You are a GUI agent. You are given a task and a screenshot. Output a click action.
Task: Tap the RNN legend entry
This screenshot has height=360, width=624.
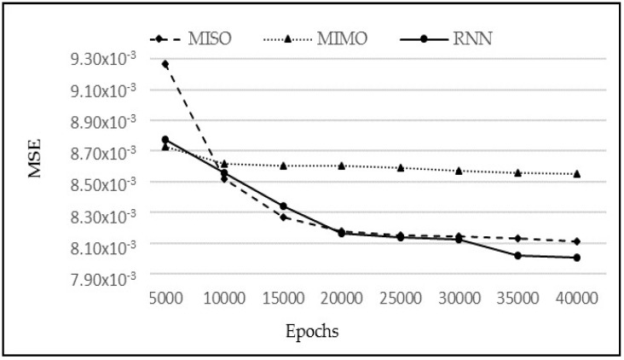pos(451,38)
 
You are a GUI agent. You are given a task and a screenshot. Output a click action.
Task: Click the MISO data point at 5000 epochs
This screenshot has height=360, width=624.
pos(165,64)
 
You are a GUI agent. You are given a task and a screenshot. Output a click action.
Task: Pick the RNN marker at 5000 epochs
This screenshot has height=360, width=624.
pos(165,139)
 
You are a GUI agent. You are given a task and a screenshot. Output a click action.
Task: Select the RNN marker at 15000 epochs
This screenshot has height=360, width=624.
pos(283,206)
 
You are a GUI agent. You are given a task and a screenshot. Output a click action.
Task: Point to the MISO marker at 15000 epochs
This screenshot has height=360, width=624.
pos(283,218)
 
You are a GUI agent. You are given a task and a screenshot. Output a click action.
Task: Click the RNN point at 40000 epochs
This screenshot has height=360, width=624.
pos(576,258)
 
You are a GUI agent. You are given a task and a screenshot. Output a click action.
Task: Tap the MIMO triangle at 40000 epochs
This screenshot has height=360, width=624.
pos(576,174)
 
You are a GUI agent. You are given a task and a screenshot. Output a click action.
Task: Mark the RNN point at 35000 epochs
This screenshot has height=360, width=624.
pos(517,255)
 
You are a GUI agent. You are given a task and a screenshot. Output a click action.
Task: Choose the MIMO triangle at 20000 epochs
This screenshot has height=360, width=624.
pos(341,165)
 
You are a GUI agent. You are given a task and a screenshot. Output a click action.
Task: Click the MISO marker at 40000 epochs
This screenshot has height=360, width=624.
pos(576,241)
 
